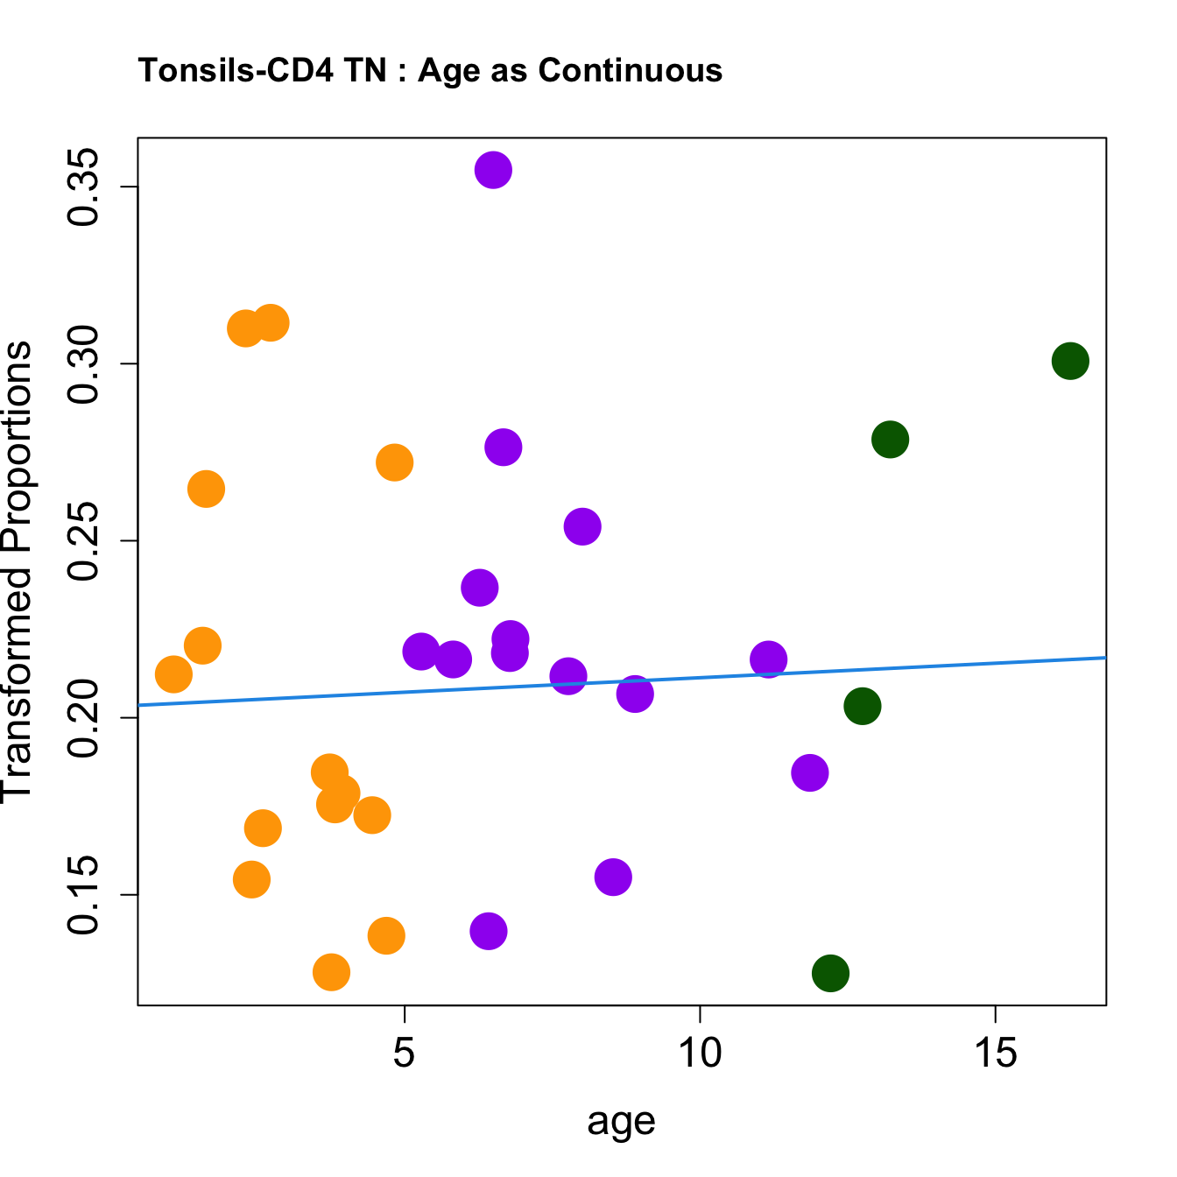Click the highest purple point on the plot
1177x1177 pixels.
click(493, 170)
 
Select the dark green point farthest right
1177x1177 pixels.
click(1070, 361)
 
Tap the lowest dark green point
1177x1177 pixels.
click(830, 973)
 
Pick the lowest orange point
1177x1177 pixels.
click(331, 972)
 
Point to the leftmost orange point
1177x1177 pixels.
click(173, 674)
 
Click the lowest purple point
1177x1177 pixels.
click(489, 931)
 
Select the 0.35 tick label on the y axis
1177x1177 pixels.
click(85, 187)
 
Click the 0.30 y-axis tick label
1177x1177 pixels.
click(85, 364)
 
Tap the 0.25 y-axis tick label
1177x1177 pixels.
click(85, 541)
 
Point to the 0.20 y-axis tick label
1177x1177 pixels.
click(85, 718)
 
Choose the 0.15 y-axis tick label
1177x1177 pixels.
click(85, 895)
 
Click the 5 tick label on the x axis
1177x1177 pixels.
click(404, 1054)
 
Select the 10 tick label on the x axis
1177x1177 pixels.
click(700, 1054)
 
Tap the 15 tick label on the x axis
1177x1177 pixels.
click(996, 1054)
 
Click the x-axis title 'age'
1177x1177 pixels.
click(621, 1121)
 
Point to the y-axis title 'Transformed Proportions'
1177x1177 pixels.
click(18, 571)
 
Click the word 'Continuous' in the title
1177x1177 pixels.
click(631, 70)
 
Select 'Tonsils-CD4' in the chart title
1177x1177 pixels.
click(236, 70)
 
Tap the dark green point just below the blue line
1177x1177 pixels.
click(862, 706)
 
